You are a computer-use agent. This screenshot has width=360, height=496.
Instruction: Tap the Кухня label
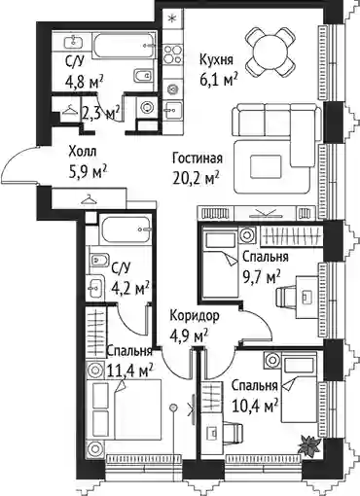click(216, 60)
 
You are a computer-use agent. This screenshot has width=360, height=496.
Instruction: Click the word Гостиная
click(198, 159)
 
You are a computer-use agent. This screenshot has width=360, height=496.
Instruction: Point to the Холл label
click(83, 152)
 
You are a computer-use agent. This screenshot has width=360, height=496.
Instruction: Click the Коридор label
click(195, 315)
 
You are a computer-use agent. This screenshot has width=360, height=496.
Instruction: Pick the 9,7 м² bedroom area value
click(262, 277)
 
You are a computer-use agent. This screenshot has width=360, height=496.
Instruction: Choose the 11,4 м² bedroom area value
click(130, 371)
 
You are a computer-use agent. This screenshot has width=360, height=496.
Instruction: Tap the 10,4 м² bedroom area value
click(255, 405)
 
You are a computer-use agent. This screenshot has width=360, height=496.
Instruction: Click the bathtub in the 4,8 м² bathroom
click(124, 46)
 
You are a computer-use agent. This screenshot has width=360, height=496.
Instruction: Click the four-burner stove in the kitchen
click(172, 54)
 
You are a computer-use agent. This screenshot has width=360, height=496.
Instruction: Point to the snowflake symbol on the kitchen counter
click(172, 18)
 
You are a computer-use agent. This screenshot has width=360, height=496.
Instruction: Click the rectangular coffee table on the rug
click(266, 166)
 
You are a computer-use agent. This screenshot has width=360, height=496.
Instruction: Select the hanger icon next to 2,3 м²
click(70, 111)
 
